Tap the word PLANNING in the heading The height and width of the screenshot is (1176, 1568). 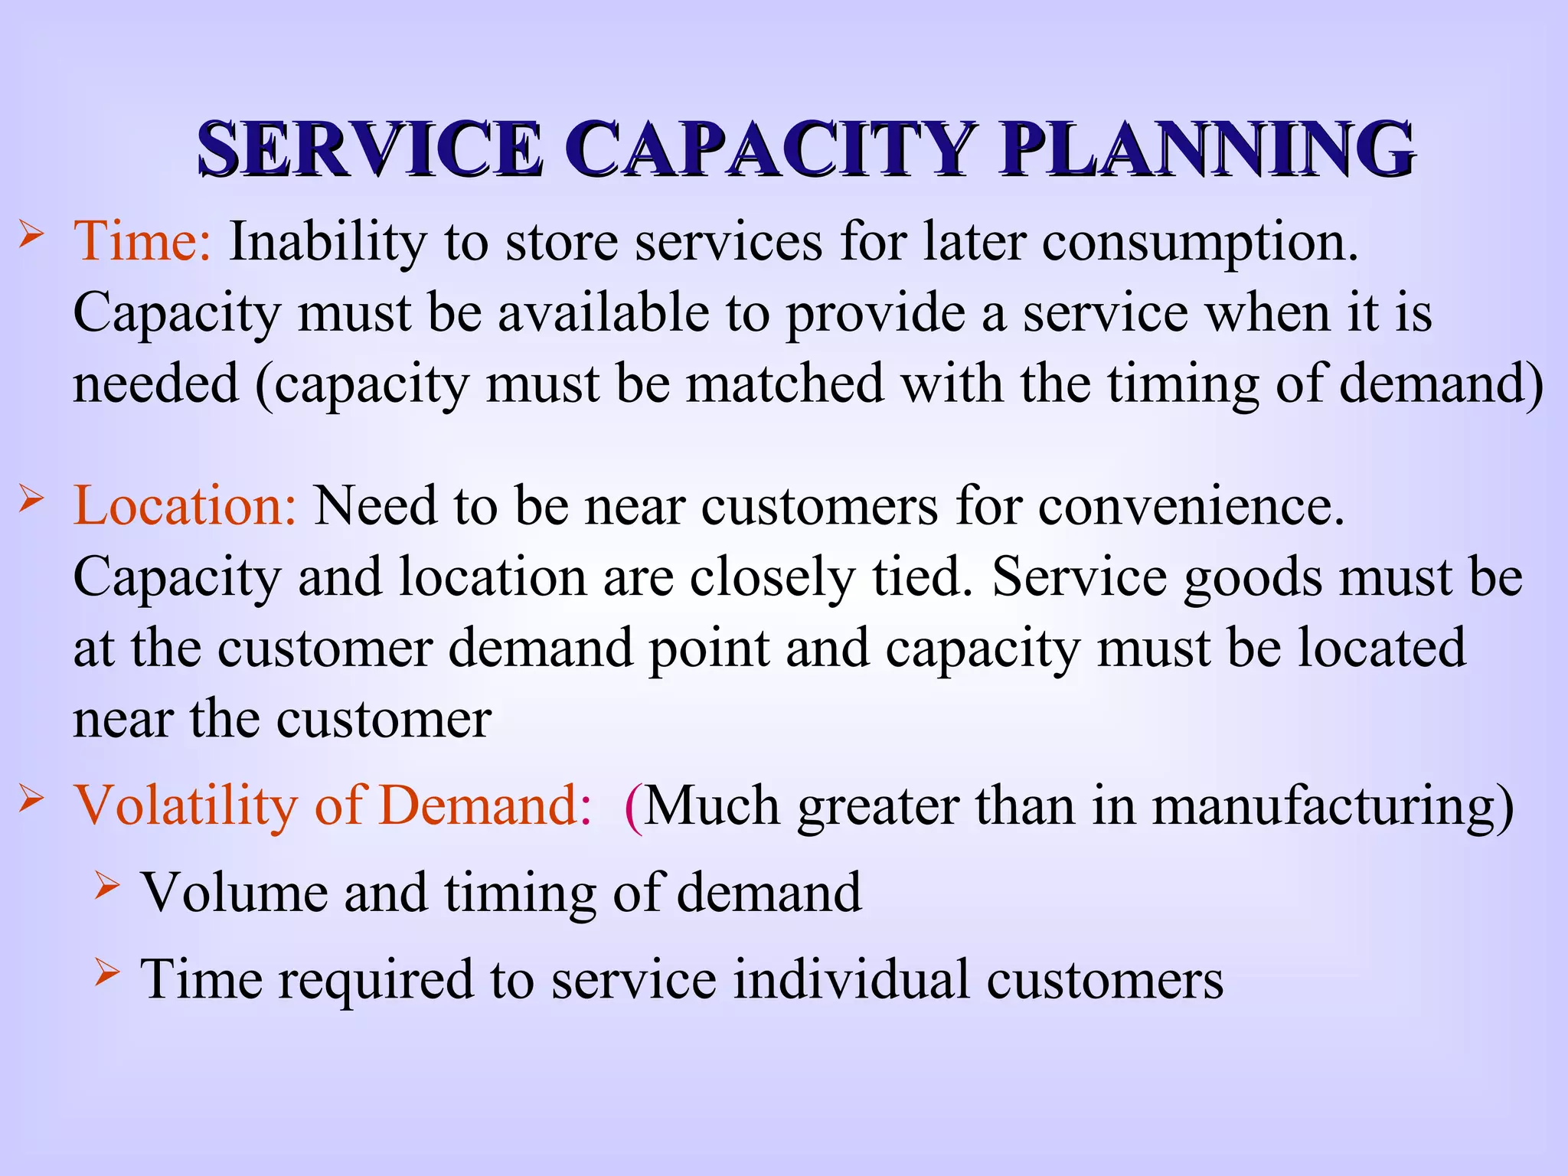(1207, 149)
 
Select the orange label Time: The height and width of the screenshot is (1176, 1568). (142, 242)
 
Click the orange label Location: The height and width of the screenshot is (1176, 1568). (185, 506)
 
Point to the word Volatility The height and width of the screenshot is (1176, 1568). (185, 806)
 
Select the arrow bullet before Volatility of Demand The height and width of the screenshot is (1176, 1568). (31, 799)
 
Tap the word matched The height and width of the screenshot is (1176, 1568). (785, 384)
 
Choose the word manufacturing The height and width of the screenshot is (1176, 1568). (1332, 806)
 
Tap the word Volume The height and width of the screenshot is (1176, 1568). (234, 893)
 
